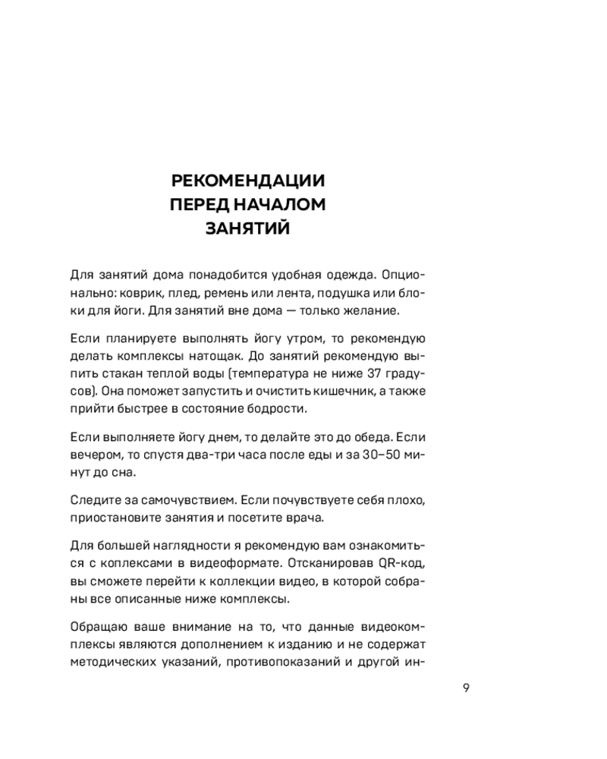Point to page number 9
point(466,688)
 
